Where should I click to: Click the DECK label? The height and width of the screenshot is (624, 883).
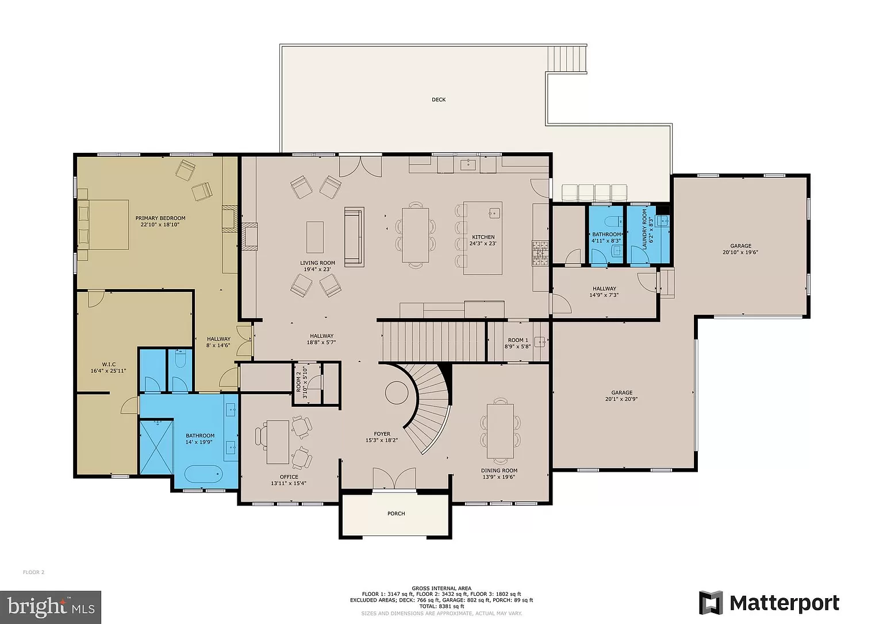439,100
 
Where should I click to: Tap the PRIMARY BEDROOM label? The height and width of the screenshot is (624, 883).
160,218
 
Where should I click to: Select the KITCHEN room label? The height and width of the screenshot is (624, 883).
483,237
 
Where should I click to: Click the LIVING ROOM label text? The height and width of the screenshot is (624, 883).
317,263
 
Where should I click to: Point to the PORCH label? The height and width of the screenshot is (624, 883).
396,514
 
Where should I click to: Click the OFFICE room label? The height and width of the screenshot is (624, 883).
289,477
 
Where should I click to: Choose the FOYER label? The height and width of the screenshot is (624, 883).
382,434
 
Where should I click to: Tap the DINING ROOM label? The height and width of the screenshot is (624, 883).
499,471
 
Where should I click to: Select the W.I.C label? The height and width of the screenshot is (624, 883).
109,364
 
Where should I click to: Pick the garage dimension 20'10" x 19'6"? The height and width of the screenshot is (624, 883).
740,252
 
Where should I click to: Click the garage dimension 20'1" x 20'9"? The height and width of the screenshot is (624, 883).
621,399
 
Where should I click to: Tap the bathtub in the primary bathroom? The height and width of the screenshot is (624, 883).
203,476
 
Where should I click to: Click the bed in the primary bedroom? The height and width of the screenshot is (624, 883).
103,225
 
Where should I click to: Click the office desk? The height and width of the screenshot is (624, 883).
278,442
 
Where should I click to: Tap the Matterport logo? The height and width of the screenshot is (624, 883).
769,603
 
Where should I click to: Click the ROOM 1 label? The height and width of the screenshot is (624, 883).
518,340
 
